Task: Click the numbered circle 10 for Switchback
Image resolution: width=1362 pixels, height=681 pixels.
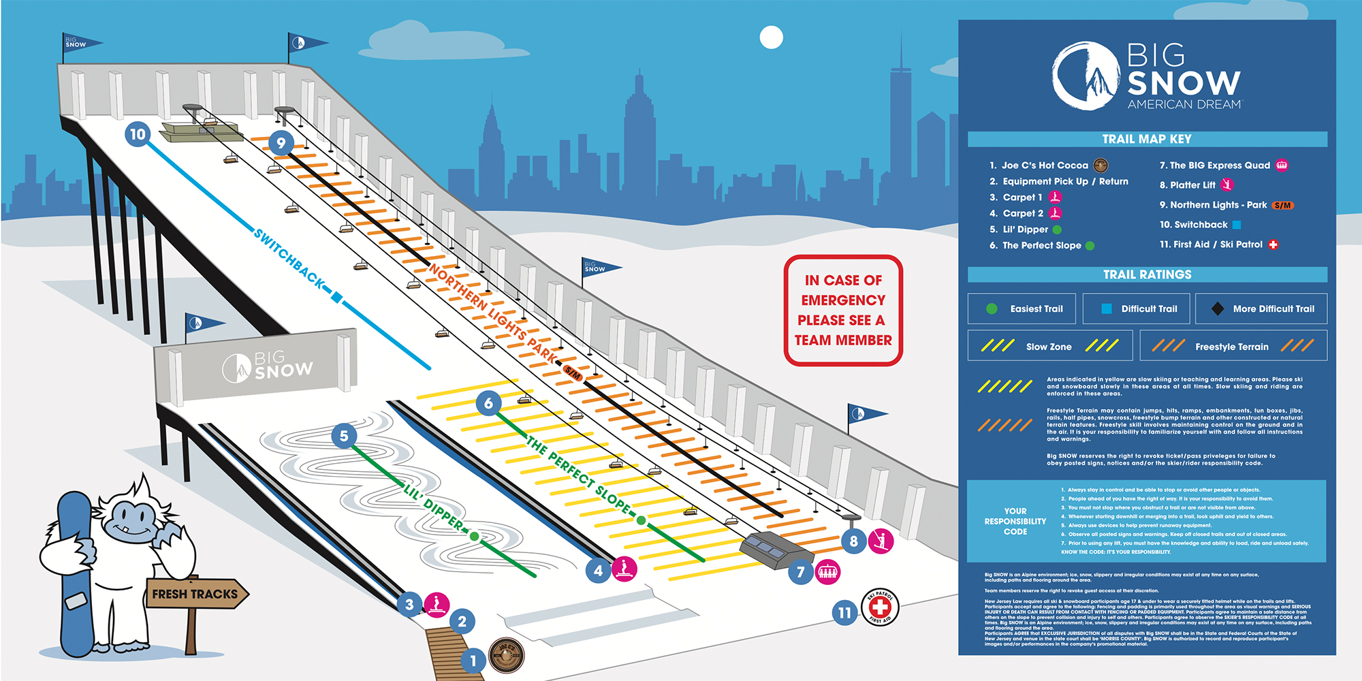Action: tap(138, 134)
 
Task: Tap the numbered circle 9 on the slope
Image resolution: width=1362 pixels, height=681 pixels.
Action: tap(281, 143)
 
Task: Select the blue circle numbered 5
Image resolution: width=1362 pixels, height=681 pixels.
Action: tap(344, 436)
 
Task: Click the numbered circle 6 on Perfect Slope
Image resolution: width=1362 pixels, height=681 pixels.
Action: tap(488, 403)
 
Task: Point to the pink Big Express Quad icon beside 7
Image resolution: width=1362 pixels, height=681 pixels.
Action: tap(827, 571)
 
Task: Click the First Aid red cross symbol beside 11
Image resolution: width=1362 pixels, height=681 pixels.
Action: tap(880, 606)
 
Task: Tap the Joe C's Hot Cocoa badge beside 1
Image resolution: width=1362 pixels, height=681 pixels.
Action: tap(507, 655)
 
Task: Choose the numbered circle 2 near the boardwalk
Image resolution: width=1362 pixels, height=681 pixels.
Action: tap(462, 621)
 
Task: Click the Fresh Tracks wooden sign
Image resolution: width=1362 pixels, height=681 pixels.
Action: tap(195, 594)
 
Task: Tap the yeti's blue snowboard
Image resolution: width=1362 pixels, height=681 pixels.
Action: tap(75, 572)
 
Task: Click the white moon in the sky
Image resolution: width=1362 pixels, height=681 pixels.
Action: tap(771, 37)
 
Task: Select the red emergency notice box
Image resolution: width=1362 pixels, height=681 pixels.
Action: tap(843, 311)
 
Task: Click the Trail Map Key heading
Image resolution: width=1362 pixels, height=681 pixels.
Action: tap(1147, 140)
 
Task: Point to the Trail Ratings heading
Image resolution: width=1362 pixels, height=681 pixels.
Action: tap(1147, 274)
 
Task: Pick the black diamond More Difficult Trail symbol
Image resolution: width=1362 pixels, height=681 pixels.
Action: tap(1218, 308)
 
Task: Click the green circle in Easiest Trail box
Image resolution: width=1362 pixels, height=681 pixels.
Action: tap(992, 308)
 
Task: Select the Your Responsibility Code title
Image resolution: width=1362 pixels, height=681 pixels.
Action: tap(1015, 521)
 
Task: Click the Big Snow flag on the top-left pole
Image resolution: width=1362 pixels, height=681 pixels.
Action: tap(80, 43)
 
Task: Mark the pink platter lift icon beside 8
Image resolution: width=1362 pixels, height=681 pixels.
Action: tap(881, 541)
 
